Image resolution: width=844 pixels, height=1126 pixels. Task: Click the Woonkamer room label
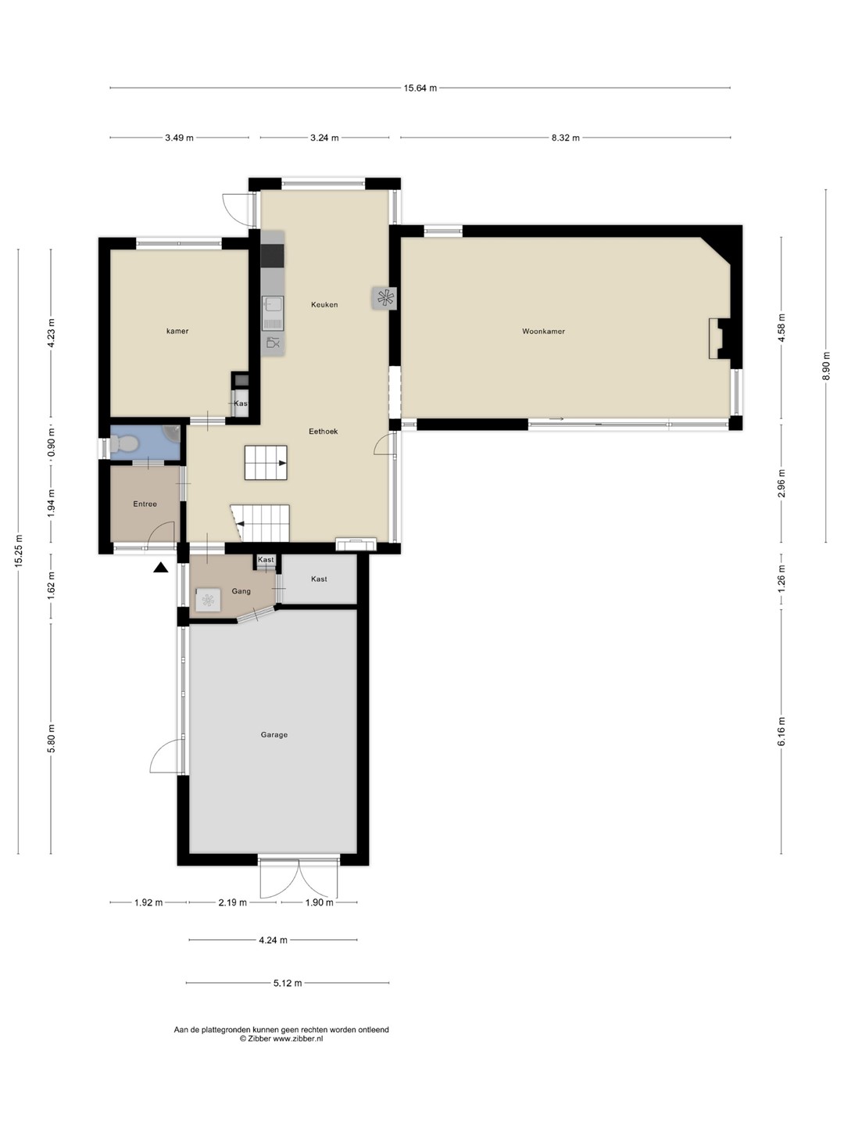pyautogui.click(x=543, y=332)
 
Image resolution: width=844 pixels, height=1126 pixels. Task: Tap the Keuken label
pyautogui.click(x=324, y=305)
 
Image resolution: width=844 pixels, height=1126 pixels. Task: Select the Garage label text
pyautogui.click(x=274, y=734)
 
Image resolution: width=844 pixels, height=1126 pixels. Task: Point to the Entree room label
pyautogui.click(x=145, y=504)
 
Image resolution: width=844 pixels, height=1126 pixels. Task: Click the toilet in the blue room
pyautogui.click(x=122, y=443)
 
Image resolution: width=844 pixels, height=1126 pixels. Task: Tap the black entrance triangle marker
pyautogui.click(x=161, y=567)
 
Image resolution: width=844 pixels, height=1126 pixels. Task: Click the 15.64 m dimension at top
pyautogui.click(x=420, y=88)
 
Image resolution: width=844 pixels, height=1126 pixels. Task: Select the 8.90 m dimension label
pyautogui.click(x=825, y=366)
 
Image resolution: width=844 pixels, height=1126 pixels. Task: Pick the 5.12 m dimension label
pyautogui.click(x=288, y=983)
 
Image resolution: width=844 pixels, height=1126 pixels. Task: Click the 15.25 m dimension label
pyautogui.click(x=19, y=551)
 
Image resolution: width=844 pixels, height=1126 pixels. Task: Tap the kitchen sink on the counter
pyautogui.click(x=274, y=313)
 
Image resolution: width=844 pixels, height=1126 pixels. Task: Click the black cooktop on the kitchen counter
pyautogui.click(x=272, y=256)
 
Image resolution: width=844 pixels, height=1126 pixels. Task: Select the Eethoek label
pyautogui.click(x=324, y=432)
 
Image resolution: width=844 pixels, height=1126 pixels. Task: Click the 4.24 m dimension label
pyautogui.click(x=273, y=940)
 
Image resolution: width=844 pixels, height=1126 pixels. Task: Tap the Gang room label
pyautogui.click(x=241, y=591)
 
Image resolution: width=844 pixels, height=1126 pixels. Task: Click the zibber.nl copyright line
pyautogui.click(x=281, y=1038)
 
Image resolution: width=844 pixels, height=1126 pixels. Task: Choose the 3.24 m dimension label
pyautogui.click(x=324, y=138)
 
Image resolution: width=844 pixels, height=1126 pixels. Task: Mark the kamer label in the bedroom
pyautogui.click(x=177, y=331)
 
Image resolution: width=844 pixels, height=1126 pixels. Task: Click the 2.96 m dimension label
pyautogui.click(x=781, y=483)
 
